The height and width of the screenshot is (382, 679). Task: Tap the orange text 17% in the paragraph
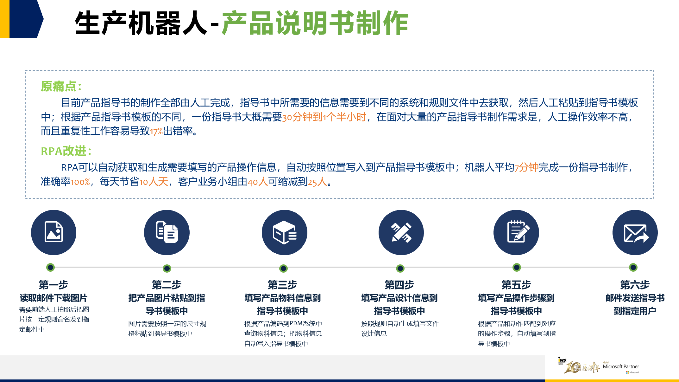pyautogui.click(x=156, y=131)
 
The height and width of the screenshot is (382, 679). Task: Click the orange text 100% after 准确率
pyautogui.click(x=80, y=182)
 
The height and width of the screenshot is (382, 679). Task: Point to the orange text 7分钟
pyautogui.click(x=526, y=167)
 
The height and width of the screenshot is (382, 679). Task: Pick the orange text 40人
pyautogui.click(x=258, y=182)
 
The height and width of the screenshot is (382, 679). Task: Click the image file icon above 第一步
pyautogui.click(x=53, y=232)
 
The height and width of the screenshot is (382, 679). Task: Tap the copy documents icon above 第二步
pyautogui.click(x=167, y=232)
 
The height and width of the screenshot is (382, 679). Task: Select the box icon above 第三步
pyautogui.click(x=284, y=232)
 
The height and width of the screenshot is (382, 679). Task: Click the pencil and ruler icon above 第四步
pyautogui.click(x=401, y=232)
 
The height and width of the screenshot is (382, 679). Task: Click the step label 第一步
pyautogui.click(x=53, y=285)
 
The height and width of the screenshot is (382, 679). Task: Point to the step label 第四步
pyautogui.click(x=399, y=285)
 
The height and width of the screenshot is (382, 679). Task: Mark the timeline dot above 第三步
pyautogui.click(x=284, y=269)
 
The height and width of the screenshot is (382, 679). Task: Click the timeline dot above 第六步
pyautogui.click(x=633, y=268)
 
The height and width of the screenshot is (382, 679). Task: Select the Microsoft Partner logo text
pyautogui.click(x=621, y=366)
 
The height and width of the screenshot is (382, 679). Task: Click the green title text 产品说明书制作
pyautogui.click(x=315, y=23)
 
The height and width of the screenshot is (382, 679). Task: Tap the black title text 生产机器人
pyautogui.click(x=141, y=23)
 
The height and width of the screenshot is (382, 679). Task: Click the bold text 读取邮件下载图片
pyautogui.click(x=53, y=298)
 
